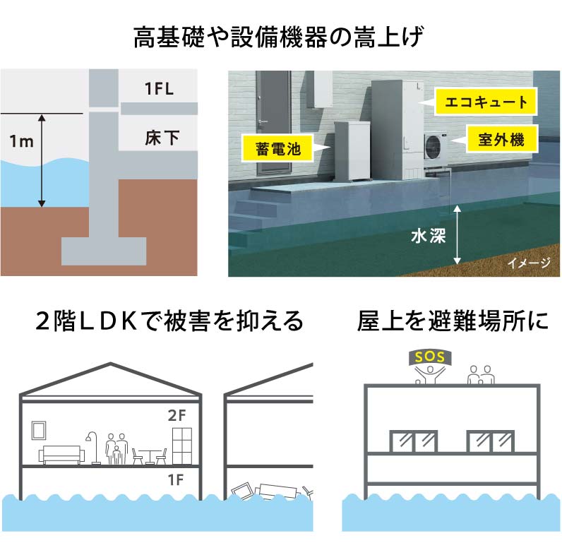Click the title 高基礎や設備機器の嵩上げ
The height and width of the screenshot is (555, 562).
tap(280, 37)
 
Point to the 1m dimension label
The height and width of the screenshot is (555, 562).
tap(22, 141)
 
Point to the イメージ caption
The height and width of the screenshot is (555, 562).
tap(529, 263)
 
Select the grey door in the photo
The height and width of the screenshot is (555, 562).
tap(272, 124)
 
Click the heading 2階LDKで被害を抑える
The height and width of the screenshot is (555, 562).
tap(169, 321)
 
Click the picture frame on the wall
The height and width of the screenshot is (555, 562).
tap(39, 429)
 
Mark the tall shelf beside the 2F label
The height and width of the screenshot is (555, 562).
tap(181, 445)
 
